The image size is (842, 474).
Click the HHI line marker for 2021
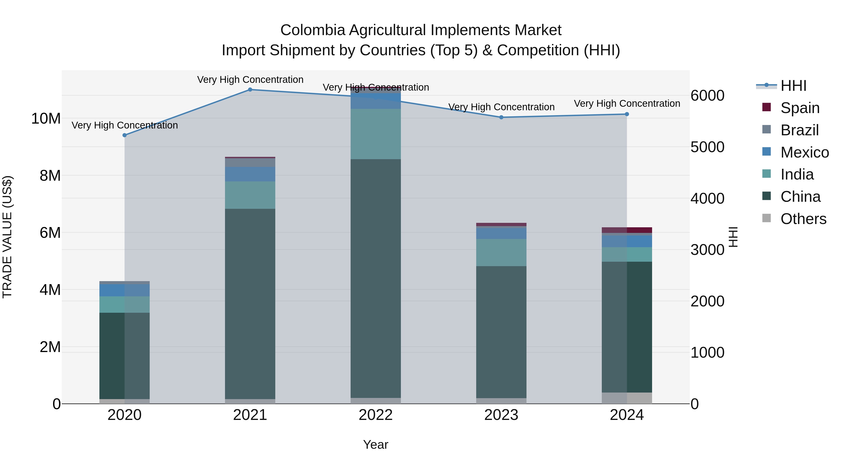(x=250, y=89)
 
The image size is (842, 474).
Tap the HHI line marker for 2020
(x=124, y=135)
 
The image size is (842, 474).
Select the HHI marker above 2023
(x=501, y=117)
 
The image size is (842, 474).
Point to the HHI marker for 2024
(x=627, y=114)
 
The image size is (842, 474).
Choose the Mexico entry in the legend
(x=804, y=152)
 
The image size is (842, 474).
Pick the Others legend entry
(x=803, y=219)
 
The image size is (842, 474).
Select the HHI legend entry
(x=793, y=86)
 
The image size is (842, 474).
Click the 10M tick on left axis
(x=46, y=118)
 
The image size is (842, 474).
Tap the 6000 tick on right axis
(x=707, y=96)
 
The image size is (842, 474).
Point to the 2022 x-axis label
(x=376, y=415)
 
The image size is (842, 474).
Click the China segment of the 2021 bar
(x=250, y=304)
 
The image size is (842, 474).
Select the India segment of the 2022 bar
(x=376, y=134)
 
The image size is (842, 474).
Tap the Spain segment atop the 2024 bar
(x=627, y=230)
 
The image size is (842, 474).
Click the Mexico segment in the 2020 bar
(x=124, y=290)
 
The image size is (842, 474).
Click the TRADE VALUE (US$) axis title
(x=7, y=237)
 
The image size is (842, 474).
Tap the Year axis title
(x=376, y=445)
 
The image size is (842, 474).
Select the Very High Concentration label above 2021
(x=250, y=80)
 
